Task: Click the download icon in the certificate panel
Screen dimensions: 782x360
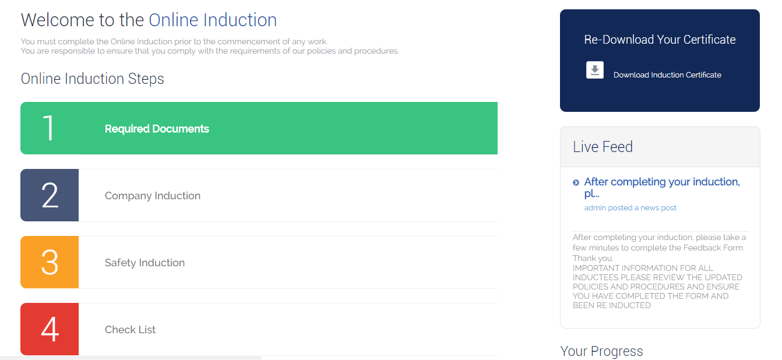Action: point(595,70)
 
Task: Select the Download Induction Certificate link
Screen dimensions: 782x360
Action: point(667,75)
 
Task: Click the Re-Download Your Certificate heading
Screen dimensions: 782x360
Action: point(660,40)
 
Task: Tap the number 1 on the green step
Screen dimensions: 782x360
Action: point(48,128)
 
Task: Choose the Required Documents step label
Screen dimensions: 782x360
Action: point(157,129)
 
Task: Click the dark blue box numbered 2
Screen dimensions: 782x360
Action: point(50,195)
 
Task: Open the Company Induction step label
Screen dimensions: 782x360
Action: point(153,196)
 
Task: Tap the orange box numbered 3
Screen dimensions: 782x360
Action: point(50,262)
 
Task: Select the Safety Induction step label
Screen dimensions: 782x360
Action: point(145,263)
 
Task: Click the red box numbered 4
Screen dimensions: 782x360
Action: point(50,329)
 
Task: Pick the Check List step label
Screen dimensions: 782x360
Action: point(130,330)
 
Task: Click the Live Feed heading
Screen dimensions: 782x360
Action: point(603,147)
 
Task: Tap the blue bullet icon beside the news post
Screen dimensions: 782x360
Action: point(576,182)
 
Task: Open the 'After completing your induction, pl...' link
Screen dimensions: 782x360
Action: point(662,188)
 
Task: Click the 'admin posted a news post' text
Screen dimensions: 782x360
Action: point(630,208)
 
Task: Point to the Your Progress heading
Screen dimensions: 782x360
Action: point(601,351)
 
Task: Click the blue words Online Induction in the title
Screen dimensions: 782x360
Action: point(213,20)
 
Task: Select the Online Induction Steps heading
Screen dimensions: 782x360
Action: point(92,79)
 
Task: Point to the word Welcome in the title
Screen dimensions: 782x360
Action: point(58,20)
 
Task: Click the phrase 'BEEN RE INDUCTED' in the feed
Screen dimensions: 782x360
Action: point(612,306)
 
